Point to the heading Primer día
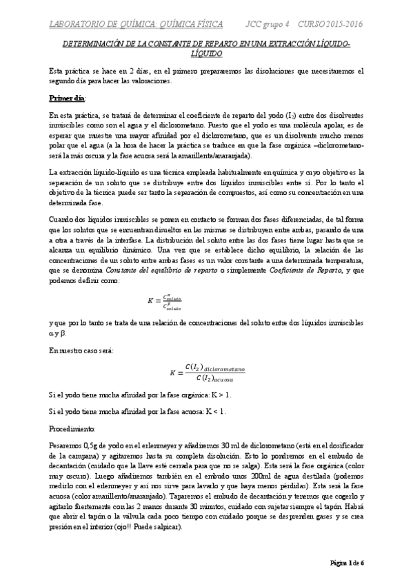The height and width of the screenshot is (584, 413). [x=66, y=98]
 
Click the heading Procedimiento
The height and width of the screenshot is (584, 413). [x=72, y=428]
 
